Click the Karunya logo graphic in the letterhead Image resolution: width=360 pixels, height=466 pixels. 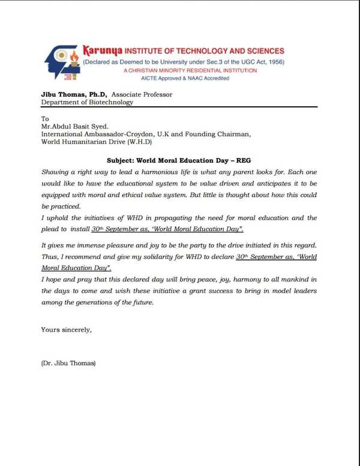pyautogui.click(x=61, y=62)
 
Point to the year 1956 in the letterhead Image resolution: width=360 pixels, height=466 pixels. pyautogui.click(x=274, y=62)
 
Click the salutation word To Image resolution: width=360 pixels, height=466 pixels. pyautogui.click(x=44, y=119)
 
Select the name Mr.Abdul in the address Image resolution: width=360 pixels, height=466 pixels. pyautogui.click(x=57, y=127)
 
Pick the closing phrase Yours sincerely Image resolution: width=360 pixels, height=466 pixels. pyautogui.click(x=66, y=329)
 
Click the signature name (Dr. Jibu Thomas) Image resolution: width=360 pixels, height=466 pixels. pyautogui.click(x=68, y=363)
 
